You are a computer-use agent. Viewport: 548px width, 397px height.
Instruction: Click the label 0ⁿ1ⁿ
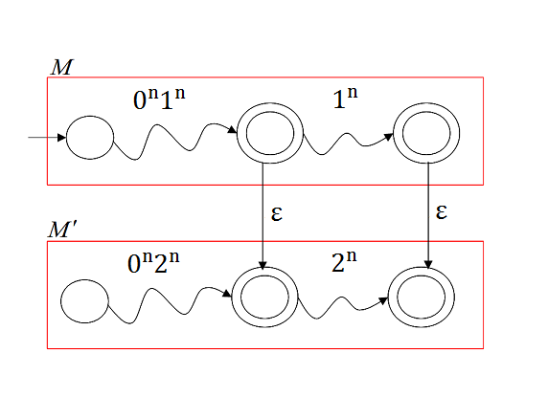pyautogui.click(x=159, y=99)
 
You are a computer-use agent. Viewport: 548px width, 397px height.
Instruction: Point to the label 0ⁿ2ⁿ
pyautogui.click(x=153, y=262)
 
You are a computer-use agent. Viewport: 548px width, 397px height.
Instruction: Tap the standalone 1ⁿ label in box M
pyautogui.click(x=345, y=98)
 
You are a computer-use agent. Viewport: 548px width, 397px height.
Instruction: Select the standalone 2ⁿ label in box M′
pyautogui.click(x=344, y=261)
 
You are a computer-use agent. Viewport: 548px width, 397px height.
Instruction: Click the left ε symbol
pyautogui.click(x=277, y=213)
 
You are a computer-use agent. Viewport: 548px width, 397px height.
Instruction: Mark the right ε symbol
pyautogui.click(x=442, y=211)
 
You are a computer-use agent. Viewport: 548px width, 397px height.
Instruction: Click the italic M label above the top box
pyautogui.click(x=62, y=67)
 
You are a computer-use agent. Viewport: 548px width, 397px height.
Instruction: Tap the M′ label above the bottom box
pyautogui.click(x=62, y=230)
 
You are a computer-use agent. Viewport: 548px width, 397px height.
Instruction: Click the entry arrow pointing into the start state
pyautogui.click(x=47, y=138)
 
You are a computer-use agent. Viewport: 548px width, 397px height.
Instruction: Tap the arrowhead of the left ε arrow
pyautogui.click(x=263, y=265)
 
